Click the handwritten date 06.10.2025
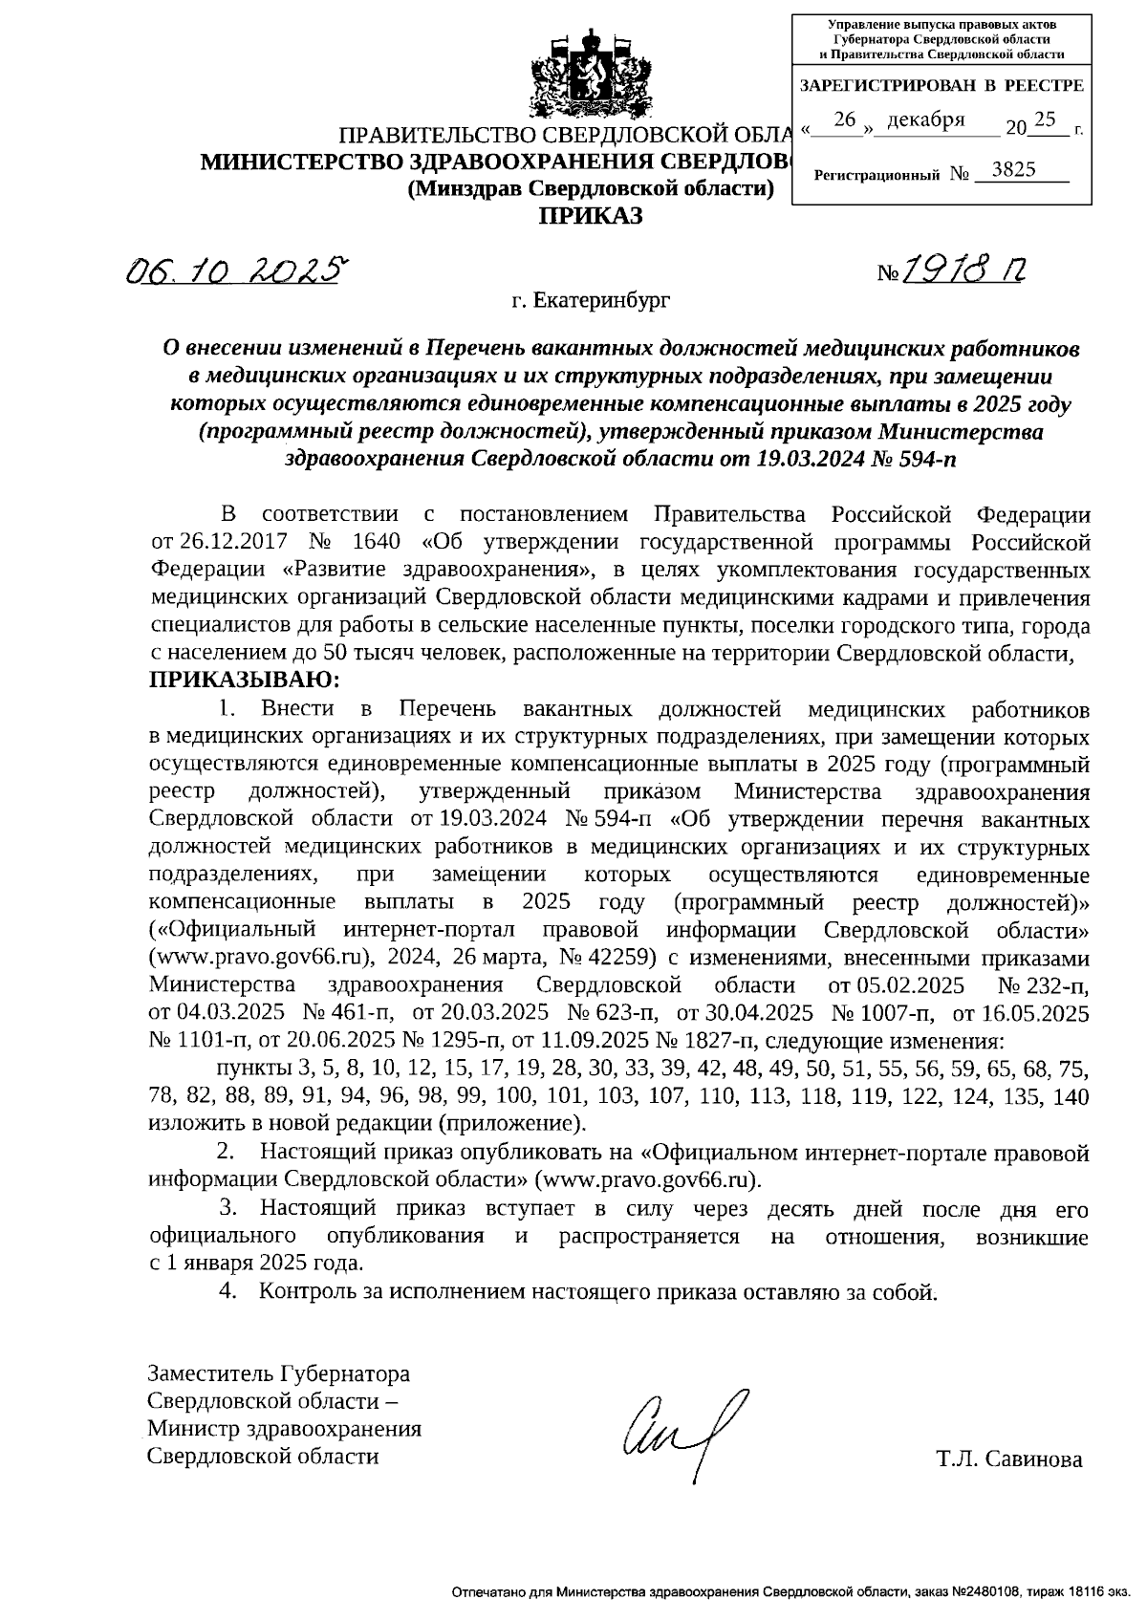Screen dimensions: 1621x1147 [234, 272]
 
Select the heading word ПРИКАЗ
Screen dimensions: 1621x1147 [590, 217]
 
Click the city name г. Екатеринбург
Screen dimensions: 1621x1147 [590, 301]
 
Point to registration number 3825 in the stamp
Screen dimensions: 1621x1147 [1013, 170]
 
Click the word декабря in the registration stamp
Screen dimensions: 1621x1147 [925, 120]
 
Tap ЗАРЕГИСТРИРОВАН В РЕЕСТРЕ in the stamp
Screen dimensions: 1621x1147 [941, 86]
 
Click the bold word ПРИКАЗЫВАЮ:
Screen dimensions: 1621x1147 [244, 681]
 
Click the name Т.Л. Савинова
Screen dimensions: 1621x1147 [1009, 1459]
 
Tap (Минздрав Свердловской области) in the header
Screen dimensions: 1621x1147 [590, 189]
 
